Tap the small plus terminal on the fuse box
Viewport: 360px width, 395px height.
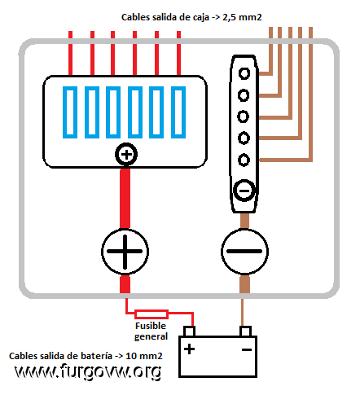(x=126, y=155)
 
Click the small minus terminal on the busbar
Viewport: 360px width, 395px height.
(x=244, y=191)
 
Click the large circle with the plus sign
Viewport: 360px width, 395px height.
(x=125, y=252)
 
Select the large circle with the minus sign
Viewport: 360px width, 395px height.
(x=244, y=252)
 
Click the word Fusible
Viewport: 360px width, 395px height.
(x=151, y=326)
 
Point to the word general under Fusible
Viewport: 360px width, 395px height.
(x=151, y=336)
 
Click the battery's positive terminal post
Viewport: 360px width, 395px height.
(x=189, y=331)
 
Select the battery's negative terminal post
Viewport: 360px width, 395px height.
(x=245, y=331)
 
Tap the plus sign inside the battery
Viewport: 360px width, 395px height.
(x=189, y=349)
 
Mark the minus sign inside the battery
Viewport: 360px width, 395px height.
(x=247, y=349)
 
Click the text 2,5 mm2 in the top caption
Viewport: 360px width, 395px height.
(x=242, y=17)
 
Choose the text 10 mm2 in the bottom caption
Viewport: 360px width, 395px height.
(x=144, y=356)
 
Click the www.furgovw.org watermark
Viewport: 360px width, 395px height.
(x=88, y=371)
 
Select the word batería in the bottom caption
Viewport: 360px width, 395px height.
(x=97, y=356)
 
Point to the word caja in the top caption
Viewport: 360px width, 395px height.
(x=201, y=17)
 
